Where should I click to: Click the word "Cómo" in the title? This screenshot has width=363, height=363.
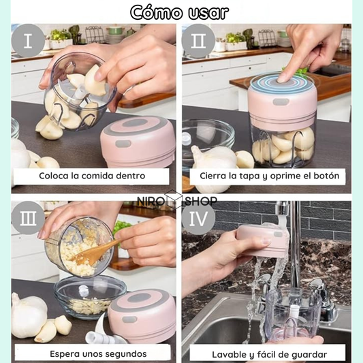point(156,12)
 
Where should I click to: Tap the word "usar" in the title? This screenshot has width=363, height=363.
point(208,13)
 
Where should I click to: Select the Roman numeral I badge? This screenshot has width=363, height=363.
point(28,41)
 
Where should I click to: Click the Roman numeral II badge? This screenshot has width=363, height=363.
point(198,41)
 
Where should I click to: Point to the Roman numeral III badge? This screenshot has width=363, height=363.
point(28,218)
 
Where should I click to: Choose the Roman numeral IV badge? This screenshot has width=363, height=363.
point(198,218)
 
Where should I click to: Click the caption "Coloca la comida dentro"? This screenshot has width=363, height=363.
point(92,176)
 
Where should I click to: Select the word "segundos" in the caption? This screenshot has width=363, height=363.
point(126,354)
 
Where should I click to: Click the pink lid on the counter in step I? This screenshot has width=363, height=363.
point(138,142)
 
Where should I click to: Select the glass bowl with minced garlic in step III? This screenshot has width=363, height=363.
point(90,297)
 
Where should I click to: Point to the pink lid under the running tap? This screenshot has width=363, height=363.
point(262,241)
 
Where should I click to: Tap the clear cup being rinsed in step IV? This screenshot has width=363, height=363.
point(294,315)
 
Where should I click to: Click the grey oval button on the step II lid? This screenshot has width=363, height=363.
point(281,101)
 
